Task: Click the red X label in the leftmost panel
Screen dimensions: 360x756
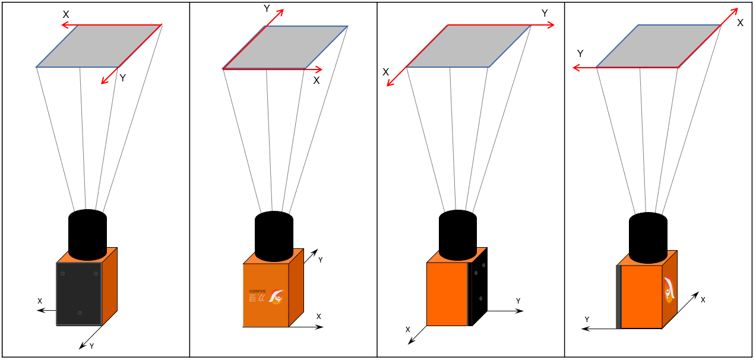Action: coord(66,14)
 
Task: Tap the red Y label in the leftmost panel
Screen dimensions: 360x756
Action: coord(122,78)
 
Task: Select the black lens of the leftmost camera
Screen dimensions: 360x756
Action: coord(87,235)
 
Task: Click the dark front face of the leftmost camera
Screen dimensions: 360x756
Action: coord(79,293)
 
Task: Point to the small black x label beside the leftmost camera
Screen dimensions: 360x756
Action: coord(40,301)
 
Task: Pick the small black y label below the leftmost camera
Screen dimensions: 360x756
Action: coord(91,346)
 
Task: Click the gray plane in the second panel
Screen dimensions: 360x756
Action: coord(285,47)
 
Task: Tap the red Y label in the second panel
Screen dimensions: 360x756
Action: coord(267,9)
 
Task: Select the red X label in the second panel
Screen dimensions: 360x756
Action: coord(316,80)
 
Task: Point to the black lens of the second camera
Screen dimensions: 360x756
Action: coord(274,236)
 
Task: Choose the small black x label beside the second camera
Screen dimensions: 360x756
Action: coord(319,316)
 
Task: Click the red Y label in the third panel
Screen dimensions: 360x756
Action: coord(545,13)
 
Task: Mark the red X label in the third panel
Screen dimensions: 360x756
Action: coord(385,72)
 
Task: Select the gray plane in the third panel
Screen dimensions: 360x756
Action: coord(468,46)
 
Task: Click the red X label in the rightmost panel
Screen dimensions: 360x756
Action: coord(740,23)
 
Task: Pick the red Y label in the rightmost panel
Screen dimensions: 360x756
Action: coord(580,53)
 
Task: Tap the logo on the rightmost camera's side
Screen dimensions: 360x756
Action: coord(669,290)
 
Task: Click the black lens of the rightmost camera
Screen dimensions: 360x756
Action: coord(648,238)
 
